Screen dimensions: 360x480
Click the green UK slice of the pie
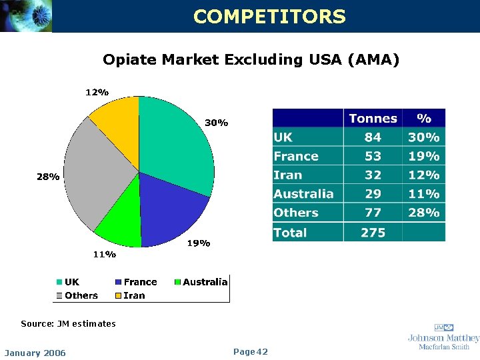[177, 143]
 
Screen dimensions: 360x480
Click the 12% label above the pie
[97, 93]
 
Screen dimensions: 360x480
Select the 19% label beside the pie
[198, 243]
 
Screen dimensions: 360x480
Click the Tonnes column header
[373, 119]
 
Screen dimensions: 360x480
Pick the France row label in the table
[296, 157]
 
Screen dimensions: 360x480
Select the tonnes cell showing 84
[373, 137]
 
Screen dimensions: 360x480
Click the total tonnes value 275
[373, 233]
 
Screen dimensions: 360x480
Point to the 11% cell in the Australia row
[424, 194]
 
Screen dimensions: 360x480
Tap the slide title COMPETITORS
[269, 17]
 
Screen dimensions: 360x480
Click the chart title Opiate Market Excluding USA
[251, 60]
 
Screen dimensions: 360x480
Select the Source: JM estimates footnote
[68, 324]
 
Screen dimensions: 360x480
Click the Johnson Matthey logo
[443, 337]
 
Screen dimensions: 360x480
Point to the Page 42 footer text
[251, 352]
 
